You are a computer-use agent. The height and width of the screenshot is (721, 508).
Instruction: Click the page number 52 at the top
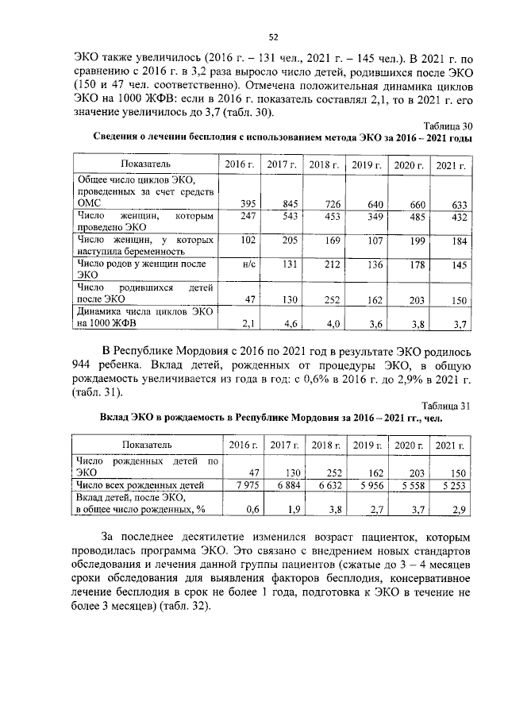273,37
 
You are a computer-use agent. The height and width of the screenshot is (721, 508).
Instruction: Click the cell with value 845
279,204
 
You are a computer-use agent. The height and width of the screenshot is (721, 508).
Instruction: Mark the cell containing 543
279,217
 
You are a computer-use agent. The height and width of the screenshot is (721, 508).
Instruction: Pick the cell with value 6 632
325,484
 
